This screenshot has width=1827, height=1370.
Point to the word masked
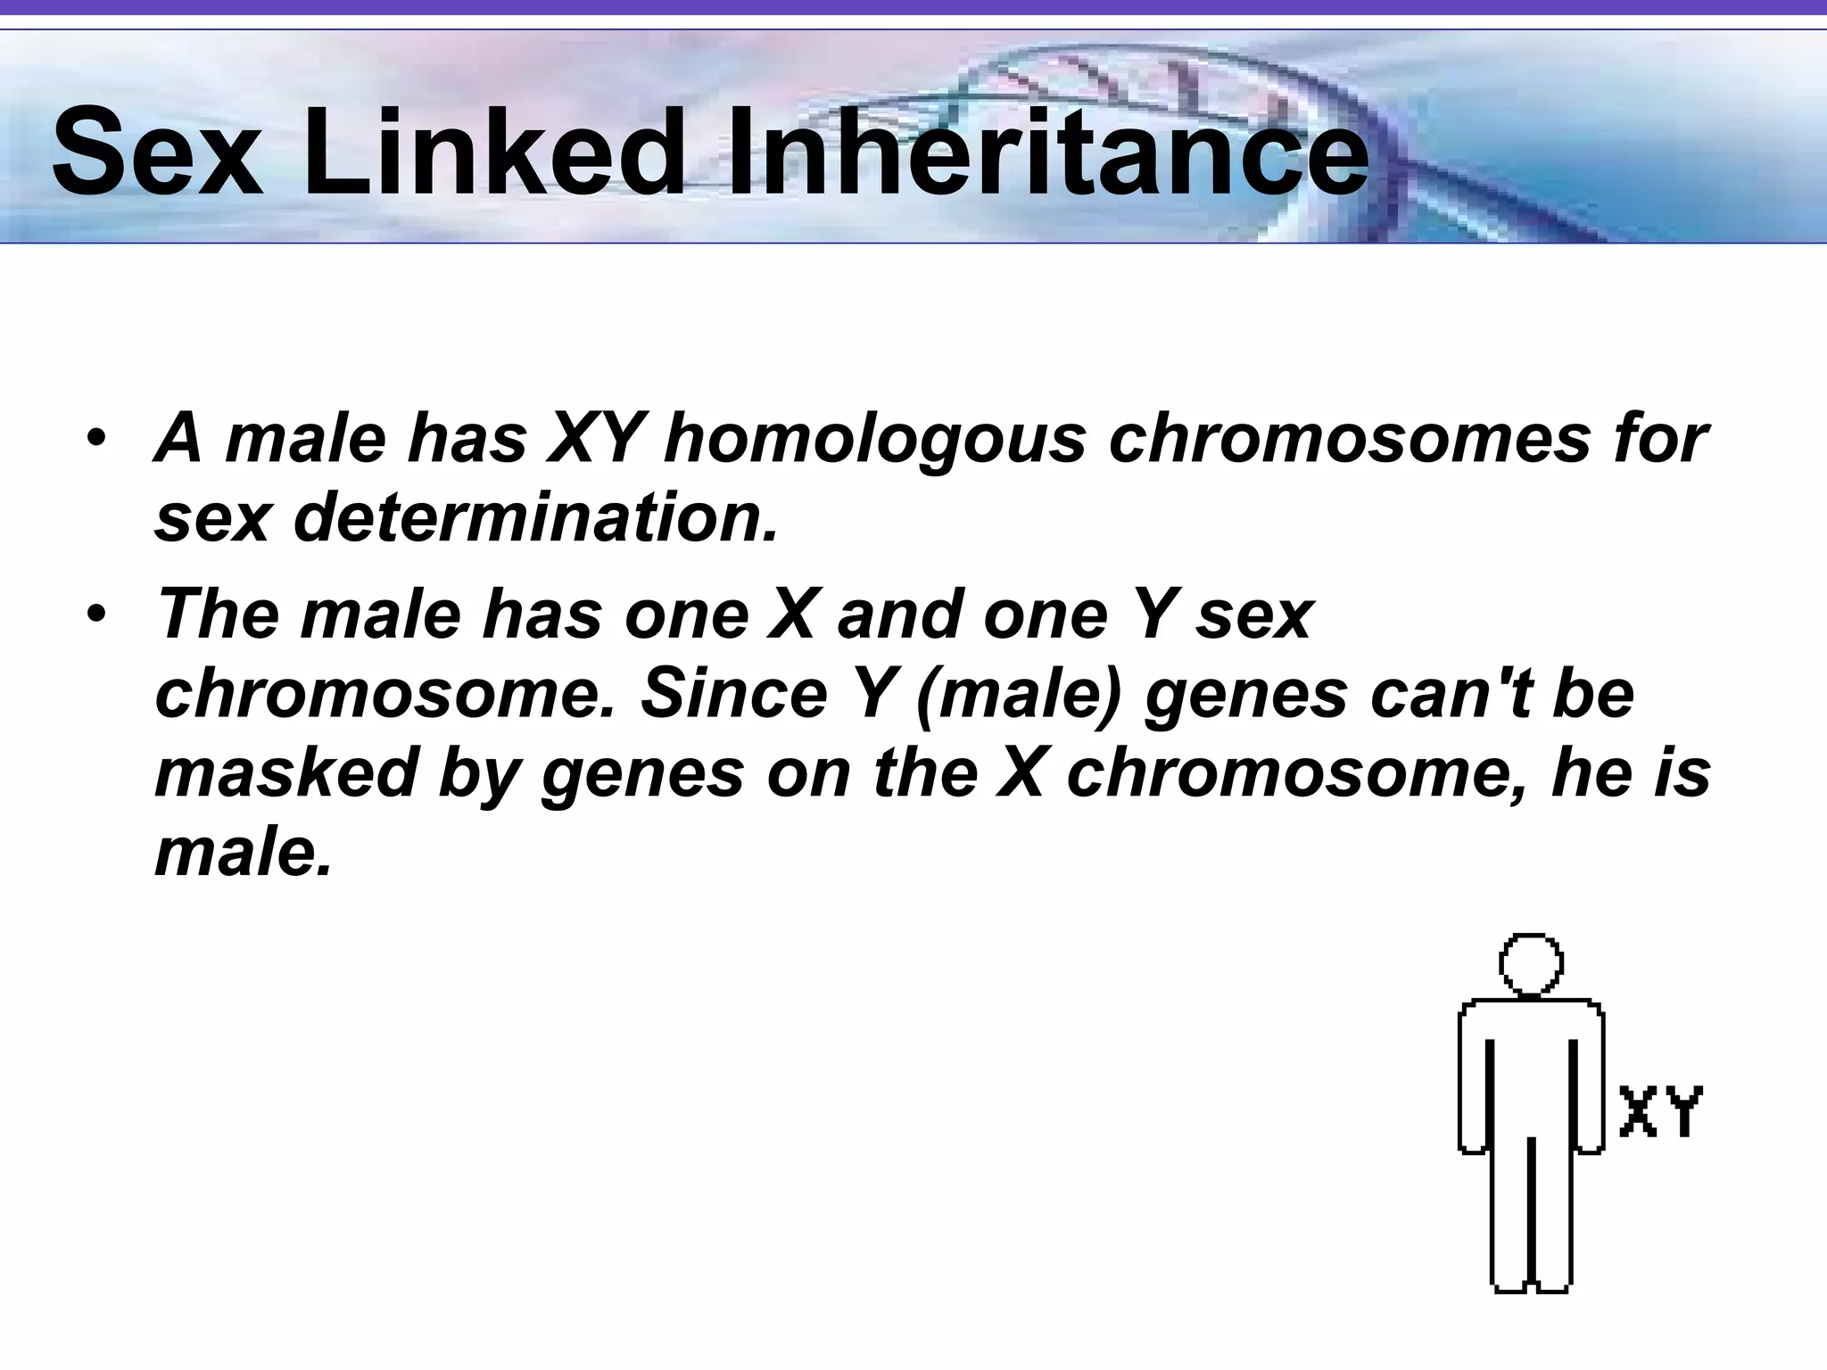pyautogui.click(x=285, y=772)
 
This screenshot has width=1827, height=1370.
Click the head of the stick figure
pyautogui.click(x=1531, y=964)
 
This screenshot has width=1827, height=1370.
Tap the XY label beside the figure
pyautogui.click(x=1660, y=1110)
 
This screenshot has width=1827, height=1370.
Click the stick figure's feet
pyautogui.click(x=1530, y=1284)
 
